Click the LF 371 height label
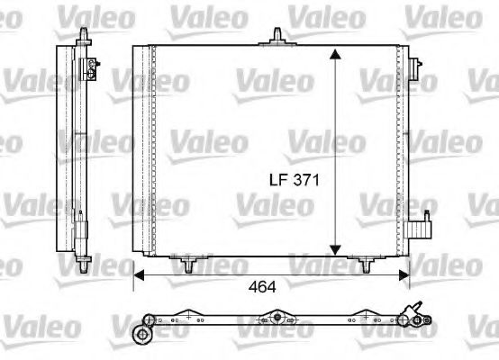[291, 180]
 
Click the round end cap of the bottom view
[141, 334]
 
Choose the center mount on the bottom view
[278, 318]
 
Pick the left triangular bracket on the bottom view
[186, 316]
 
